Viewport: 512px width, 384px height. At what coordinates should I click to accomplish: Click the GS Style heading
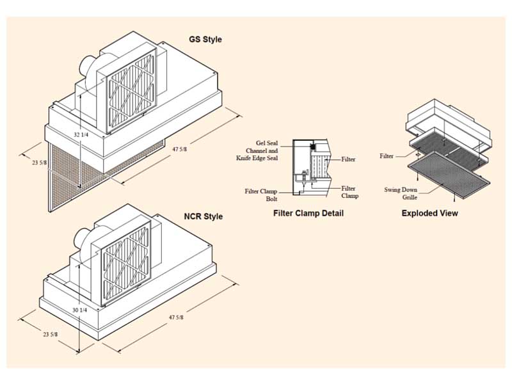click(x=205, y=40)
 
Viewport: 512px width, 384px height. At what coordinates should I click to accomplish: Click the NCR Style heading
click(x=204, y=216)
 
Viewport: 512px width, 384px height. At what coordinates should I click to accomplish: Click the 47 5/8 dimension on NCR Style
click(x=176, y=317)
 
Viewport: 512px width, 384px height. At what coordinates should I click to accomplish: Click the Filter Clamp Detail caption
click(x=308, y=213)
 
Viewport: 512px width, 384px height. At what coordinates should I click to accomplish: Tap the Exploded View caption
click(x=429, y=213)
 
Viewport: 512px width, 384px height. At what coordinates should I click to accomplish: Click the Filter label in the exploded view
click(x=386, y=156)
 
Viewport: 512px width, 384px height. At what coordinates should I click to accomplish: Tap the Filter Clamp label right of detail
click(x=349, y=192)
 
